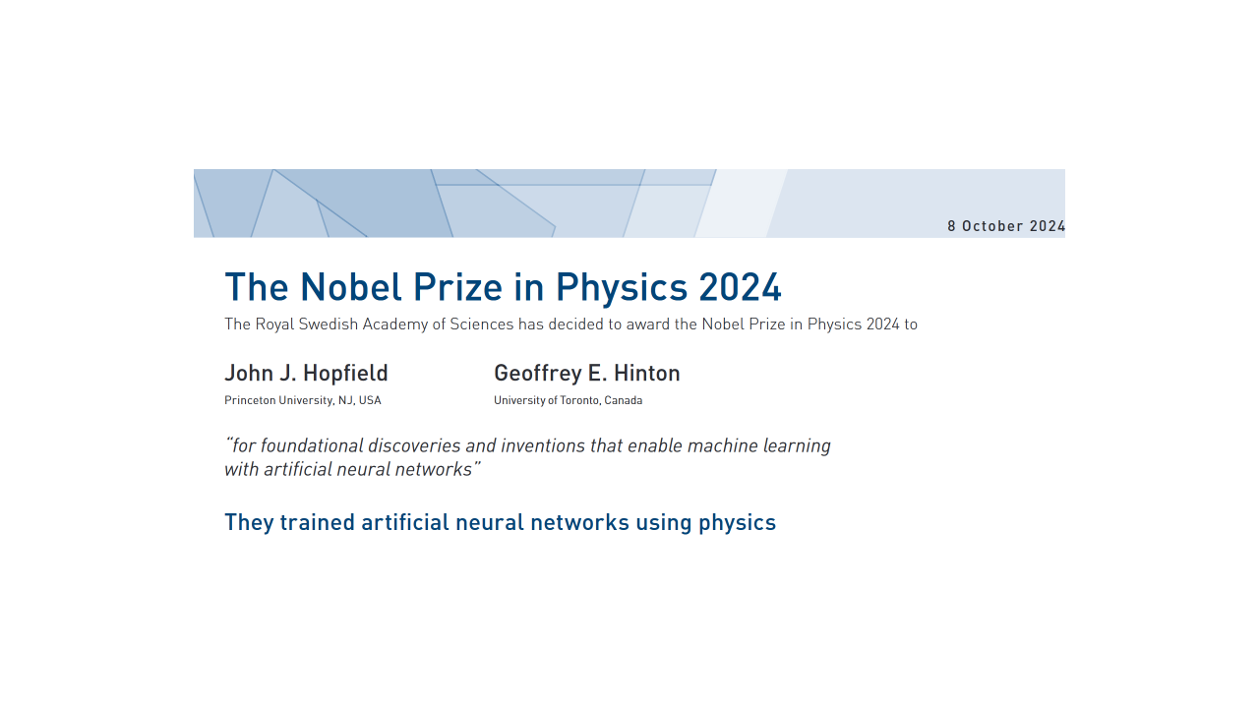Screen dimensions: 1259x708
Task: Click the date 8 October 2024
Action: click(x=1006, y=226)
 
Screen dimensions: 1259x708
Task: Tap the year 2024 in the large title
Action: click(x=740, y=287)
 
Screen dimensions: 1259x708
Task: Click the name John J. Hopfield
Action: click(x=306, y=373)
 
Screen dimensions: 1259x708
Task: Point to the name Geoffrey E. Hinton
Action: click(x=587, y=374)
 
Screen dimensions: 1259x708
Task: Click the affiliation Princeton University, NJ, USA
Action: click(x=303, y=400)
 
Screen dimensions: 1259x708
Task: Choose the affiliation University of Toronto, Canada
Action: click(x=569, y=400)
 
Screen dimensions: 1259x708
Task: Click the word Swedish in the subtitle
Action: click(x=329, y=324)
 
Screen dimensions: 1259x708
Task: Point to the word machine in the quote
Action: click(x=723, y=445)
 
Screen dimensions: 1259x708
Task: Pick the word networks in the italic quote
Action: click(x=434, y=469)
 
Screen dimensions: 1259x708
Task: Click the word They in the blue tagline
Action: click(x=249, y=523)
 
